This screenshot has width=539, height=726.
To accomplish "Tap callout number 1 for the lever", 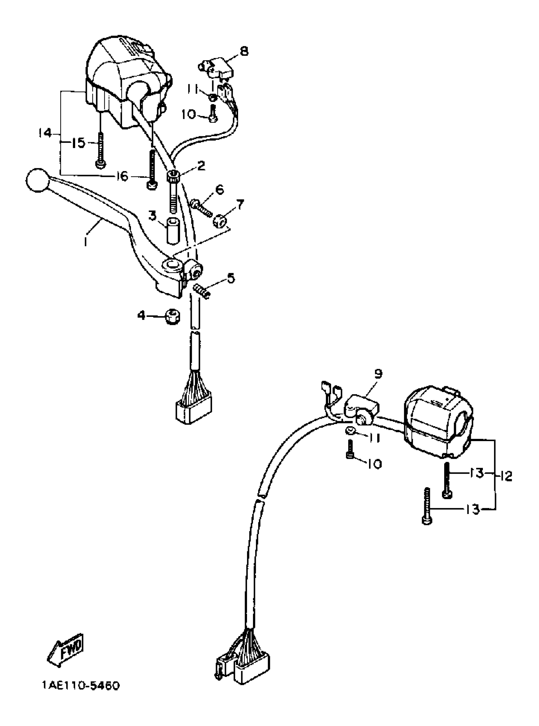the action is [x=85, y=241].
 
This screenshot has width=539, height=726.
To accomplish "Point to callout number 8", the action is [x=244, y=51].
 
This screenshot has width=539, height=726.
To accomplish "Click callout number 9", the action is [x=378, y=374].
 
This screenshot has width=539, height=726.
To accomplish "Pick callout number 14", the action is [x=45, y=133].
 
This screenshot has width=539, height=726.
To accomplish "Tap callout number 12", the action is [x=506, y=477].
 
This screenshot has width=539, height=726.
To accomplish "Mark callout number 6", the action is [x=219, y=189].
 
